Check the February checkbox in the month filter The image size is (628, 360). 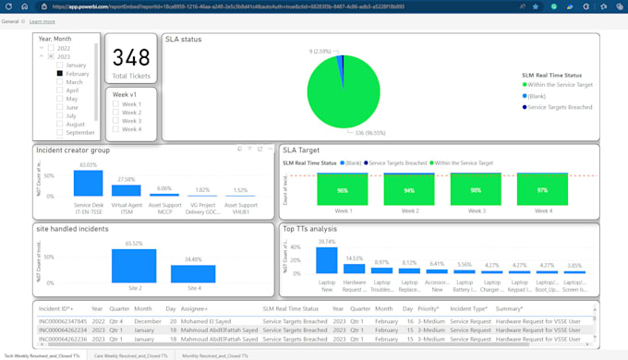pyautogui.click(x=60, y=73)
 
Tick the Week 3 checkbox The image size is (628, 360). pyautogui.click(x=115, y=121)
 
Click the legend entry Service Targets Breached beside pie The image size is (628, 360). pyautogui.click(x=525, y=107)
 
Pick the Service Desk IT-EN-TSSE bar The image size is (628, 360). pyautogui.click(x=88, y=183)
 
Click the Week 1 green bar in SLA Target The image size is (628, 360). pyautogui.click(x=342, y=190)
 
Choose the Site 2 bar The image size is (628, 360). pyautogui.click(x=134, y=265)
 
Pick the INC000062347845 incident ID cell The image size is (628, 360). pyautogui.click(x=63, y=321)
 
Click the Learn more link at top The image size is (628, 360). pyautogui.click(x=42, y=20)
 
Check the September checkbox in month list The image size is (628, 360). pyautogui.click(x=60, y=133)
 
